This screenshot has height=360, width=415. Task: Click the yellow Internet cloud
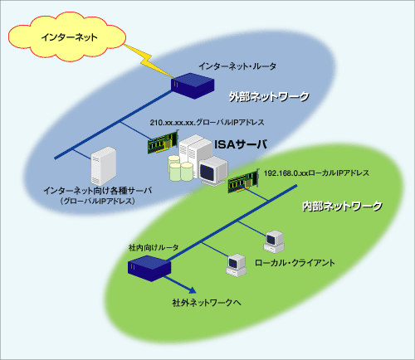67,36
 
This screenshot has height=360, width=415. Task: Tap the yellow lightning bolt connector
149,61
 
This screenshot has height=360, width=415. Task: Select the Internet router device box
193,85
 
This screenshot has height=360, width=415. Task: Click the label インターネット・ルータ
237,66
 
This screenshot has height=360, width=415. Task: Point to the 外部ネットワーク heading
269,97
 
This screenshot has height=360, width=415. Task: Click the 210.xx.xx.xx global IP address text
207,122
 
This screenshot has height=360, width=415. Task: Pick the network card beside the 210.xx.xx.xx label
162,142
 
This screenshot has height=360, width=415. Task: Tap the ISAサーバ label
241,144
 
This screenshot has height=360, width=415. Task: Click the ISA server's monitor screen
207,173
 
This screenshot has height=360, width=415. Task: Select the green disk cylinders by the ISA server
180,168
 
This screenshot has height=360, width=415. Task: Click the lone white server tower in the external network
104,166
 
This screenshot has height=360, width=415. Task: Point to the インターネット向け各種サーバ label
98,191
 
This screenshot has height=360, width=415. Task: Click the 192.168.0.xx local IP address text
316,173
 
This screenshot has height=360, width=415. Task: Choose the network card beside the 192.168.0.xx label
242,181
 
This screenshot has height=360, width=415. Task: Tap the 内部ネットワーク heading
342,207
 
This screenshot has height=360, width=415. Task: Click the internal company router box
149,268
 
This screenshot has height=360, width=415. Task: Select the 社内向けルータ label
154,247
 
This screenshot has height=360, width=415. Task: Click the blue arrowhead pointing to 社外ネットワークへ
192,290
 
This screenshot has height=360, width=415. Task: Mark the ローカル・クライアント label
295,263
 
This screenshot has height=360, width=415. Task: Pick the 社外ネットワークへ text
207,303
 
